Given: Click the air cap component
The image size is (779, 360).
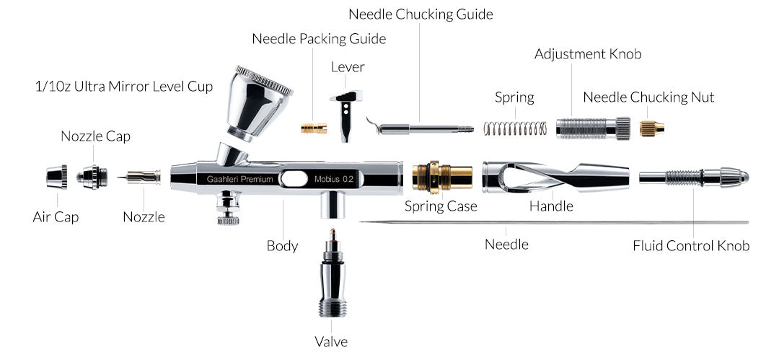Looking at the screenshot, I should pos(57,177).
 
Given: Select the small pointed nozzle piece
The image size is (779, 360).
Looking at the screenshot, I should pos(143,177).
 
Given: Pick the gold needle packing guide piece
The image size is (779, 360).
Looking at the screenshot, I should pos(314,128).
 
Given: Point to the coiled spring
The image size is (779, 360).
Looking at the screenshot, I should pos(515,128).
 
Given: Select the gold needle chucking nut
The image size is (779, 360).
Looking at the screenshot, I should pos(651,128).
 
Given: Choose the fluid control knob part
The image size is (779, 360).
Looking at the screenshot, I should pos(692,177).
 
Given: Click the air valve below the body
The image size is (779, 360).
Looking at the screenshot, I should pos(332,278).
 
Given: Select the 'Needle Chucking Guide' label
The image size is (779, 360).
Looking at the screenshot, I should pos(421,14).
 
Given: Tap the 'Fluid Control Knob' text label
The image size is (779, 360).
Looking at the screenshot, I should pos(691,246).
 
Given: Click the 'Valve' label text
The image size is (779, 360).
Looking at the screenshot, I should pos(331,341).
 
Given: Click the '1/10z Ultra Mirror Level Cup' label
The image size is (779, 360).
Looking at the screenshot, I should pos(124,87).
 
